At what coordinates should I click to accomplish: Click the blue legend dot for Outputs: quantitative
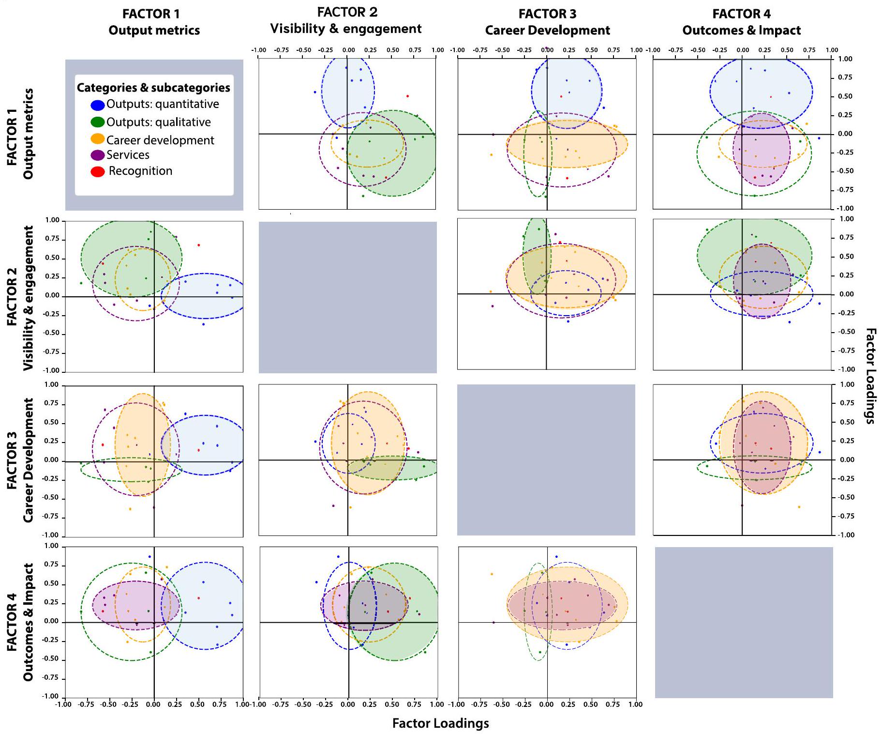[98, 105]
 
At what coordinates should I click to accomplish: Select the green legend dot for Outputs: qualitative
[98, 122]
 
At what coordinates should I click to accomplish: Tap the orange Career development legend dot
[98, 139]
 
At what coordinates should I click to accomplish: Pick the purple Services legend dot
[98, 155]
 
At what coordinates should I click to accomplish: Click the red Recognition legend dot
[98, 171]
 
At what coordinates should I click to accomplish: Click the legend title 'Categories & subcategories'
[153, 88]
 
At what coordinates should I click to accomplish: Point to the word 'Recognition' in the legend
[140, 171]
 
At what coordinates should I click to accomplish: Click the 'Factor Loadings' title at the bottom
[440, 723]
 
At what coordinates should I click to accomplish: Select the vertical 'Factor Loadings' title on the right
[870, 376]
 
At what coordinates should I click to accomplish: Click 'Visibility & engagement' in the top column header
[346, 29]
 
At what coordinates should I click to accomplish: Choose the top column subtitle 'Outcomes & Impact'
[741, 31]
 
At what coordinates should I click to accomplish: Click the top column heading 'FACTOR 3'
[547, 14]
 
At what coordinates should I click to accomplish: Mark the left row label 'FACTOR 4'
[12, 622]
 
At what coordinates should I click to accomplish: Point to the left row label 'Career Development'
[28, 460]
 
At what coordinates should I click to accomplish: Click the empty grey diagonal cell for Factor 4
[744, 622]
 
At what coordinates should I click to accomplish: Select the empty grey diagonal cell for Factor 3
[546, 459]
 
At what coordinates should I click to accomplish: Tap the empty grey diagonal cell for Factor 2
[347, 297]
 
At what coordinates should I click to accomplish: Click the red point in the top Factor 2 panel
[407, 96]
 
